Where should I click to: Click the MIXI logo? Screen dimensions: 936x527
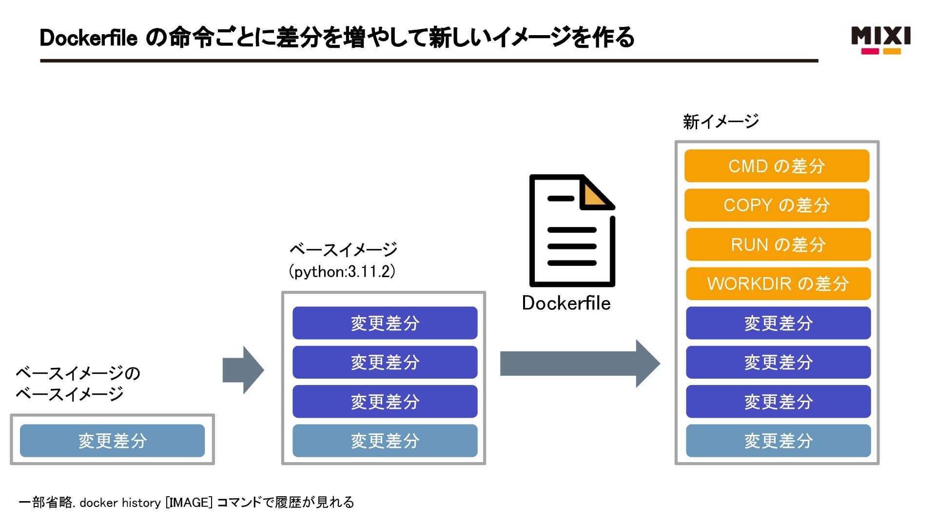(x=880, y=40)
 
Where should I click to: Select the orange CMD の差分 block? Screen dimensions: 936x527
(x=777, y=166)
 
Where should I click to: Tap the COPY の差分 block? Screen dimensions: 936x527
(x=777, y=205)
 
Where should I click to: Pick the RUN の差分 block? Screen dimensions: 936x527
(x=778, y=244)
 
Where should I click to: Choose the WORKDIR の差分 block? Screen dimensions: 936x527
(x=778, y=284)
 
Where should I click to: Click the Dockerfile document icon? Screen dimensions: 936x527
(x=572, y=230)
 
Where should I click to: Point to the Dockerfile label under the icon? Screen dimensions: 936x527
(x=566, y=303)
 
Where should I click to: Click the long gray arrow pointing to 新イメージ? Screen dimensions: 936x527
(x=580, y=364)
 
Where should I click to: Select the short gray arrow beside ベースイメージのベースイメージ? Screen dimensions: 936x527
(x=243, y=370)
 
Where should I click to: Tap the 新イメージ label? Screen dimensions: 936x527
(x=721, y=122)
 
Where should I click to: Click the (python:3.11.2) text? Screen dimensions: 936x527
(x=342, y=271)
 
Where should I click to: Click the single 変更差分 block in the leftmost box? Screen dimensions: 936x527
(x=112, y=441)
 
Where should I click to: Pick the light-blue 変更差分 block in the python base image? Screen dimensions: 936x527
(x=385, y=441)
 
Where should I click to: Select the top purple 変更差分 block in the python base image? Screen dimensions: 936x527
(x=385, y=323)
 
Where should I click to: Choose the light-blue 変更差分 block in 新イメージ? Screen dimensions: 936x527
(x=778, y=441)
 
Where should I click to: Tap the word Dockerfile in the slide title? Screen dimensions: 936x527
(x=88, y=38)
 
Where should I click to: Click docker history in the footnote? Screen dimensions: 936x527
(x=120, y=503)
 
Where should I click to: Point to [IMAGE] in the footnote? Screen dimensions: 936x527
(x=189, y=502)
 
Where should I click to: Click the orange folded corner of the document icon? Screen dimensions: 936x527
(x=593, y=196)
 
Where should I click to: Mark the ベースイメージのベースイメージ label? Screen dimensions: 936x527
(x=78, y=384)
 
